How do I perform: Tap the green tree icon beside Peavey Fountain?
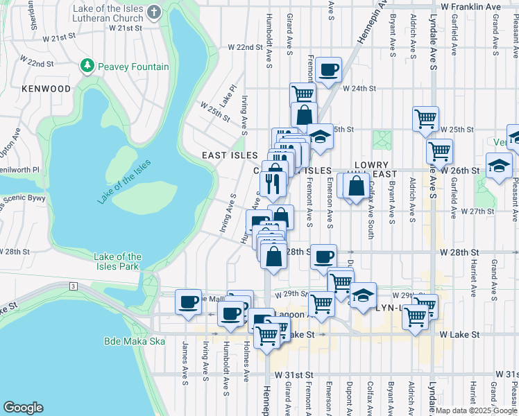coord(87,67)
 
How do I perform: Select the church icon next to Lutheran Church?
coord(154,12)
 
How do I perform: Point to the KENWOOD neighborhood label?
coord(46,89)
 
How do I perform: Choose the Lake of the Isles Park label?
coord(117,261)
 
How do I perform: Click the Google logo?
coord(24,408)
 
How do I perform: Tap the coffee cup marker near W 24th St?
coord(328,69)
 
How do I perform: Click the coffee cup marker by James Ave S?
coord(188,302)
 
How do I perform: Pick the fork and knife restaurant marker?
coord(273,183)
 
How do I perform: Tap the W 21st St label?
coord(126,28)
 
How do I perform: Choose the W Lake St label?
coord(460,335)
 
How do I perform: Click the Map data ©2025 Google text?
coord(475,410)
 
